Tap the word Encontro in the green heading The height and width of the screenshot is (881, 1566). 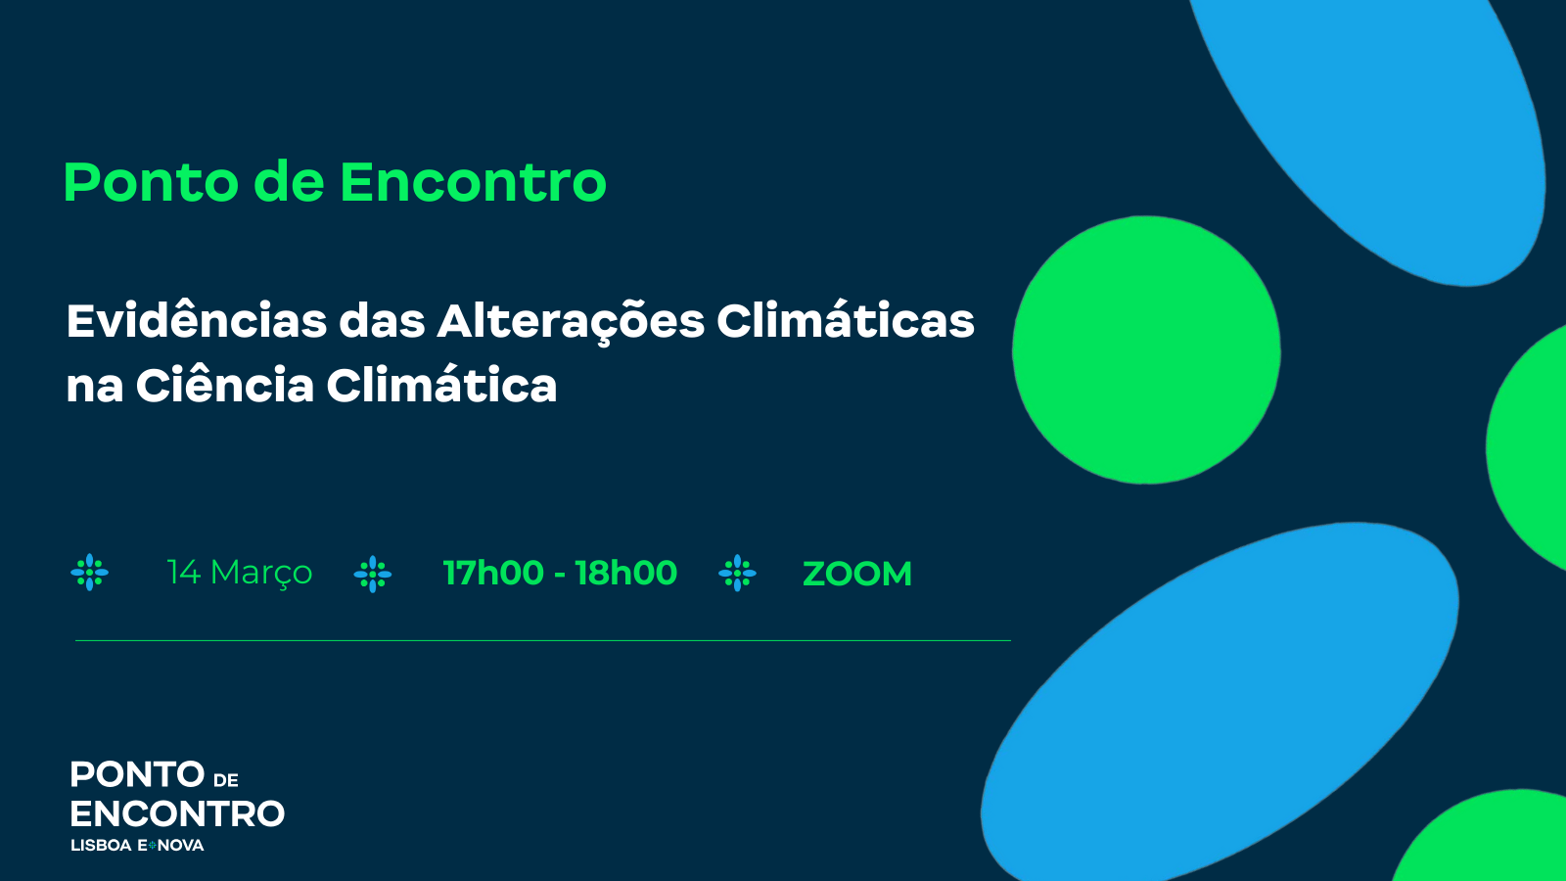(x=474, y=182)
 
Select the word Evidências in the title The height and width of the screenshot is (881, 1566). (x=197, y=320)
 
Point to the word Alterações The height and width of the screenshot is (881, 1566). (x=571, y=322)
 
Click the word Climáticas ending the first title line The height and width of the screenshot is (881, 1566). (x=846, y=320)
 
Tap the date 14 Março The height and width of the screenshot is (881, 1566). (x=239, y=573)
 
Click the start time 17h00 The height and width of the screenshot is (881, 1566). (x=493, y=573)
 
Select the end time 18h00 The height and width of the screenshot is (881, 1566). (x=625, y=573)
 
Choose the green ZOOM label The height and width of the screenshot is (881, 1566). (x=857, y=574)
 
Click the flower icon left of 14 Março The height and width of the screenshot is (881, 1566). (x=89, y=573)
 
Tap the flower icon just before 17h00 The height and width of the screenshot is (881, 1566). (x=373, y=574)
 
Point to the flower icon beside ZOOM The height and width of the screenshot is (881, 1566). (x=737, y=574)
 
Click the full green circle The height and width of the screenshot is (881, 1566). (x=1146, y=349)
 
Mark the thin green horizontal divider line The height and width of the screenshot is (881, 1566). (x=543, y=640)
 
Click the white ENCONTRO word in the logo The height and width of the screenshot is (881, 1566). (x=177, y=813)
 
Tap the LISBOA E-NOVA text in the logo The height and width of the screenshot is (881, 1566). (x=137, y=846)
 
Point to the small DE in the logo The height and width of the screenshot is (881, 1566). (x=226, y=780)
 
